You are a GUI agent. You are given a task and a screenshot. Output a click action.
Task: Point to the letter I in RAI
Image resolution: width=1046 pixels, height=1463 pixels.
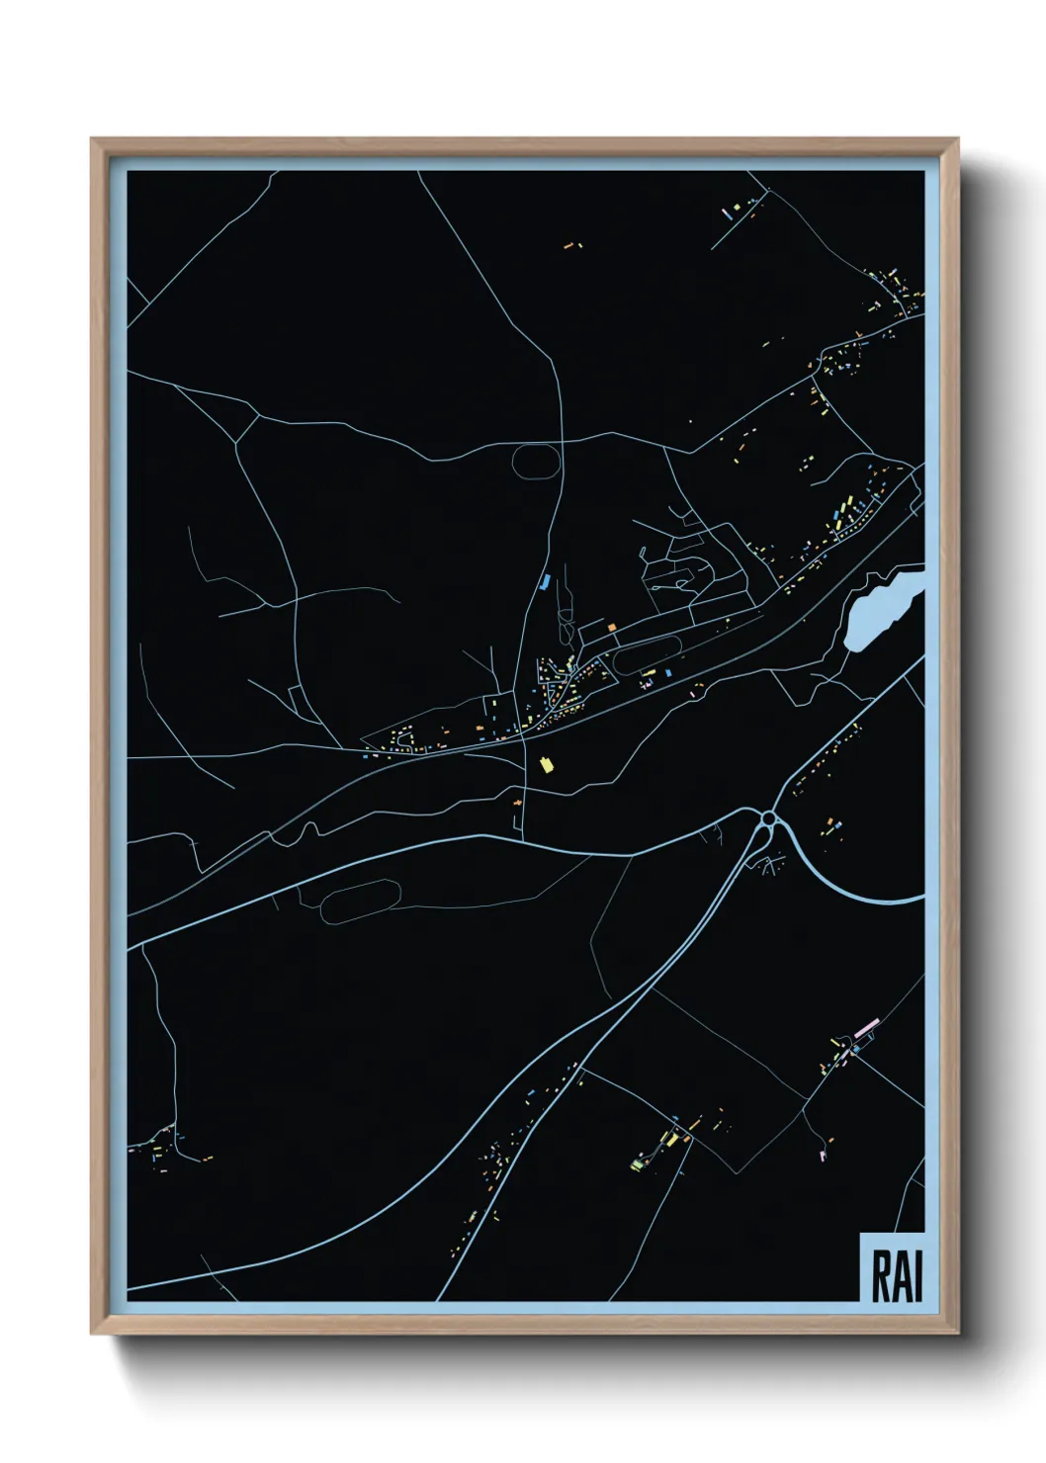pyautogui.click(x=917, y=1276)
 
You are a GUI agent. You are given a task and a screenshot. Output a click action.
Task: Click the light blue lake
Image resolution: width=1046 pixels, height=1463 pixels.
pyautogui.click(x=881, y=610)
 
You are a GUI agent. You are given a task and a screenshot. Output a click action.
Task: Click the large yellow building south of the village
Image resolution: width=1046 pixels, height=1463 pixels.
pyautogui.click(x=544, y=764)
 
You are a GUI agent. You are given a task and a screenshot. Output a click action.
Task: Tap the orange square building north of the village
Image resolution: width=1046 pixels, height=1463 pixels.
pyautogui.click(x=612, y=627)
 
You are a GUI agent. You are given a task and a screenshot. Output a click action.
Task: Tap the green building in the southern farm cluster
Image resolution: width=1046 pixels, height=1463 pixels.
pyautogui.click(x=638, y=1164)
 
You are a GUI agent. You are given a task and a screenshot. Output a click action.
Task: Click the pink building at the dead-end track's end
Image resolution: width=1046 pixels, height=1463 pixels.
pyautogui.click(x=823, y=1152)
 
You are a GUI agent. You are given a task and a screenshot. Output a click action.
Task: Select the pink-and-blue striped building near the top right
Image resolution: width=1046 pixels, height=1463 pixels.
pyautogui.click(x=733, y=212)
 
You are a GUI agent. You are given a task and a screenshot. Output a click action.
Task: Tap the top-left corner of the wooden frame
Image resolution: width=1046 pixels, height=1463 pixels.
pyautogui.click(x=92, y=139)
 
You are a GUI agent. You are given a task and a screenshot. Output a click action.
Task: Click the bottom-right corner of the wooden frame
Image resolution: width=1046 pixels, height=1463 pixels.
pyautogui.click(x=958, y=1334)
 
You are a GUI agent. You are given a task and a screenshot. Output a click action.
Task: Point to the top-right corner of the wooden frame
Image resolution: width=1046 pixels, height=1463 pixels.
pyautogui.click(x=958, y=139)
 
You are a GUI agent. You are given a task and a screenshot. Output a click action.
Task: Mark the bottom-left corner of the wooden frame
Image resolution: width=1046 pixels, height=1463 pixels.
pyautogui.click(x=92, y=1334)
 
